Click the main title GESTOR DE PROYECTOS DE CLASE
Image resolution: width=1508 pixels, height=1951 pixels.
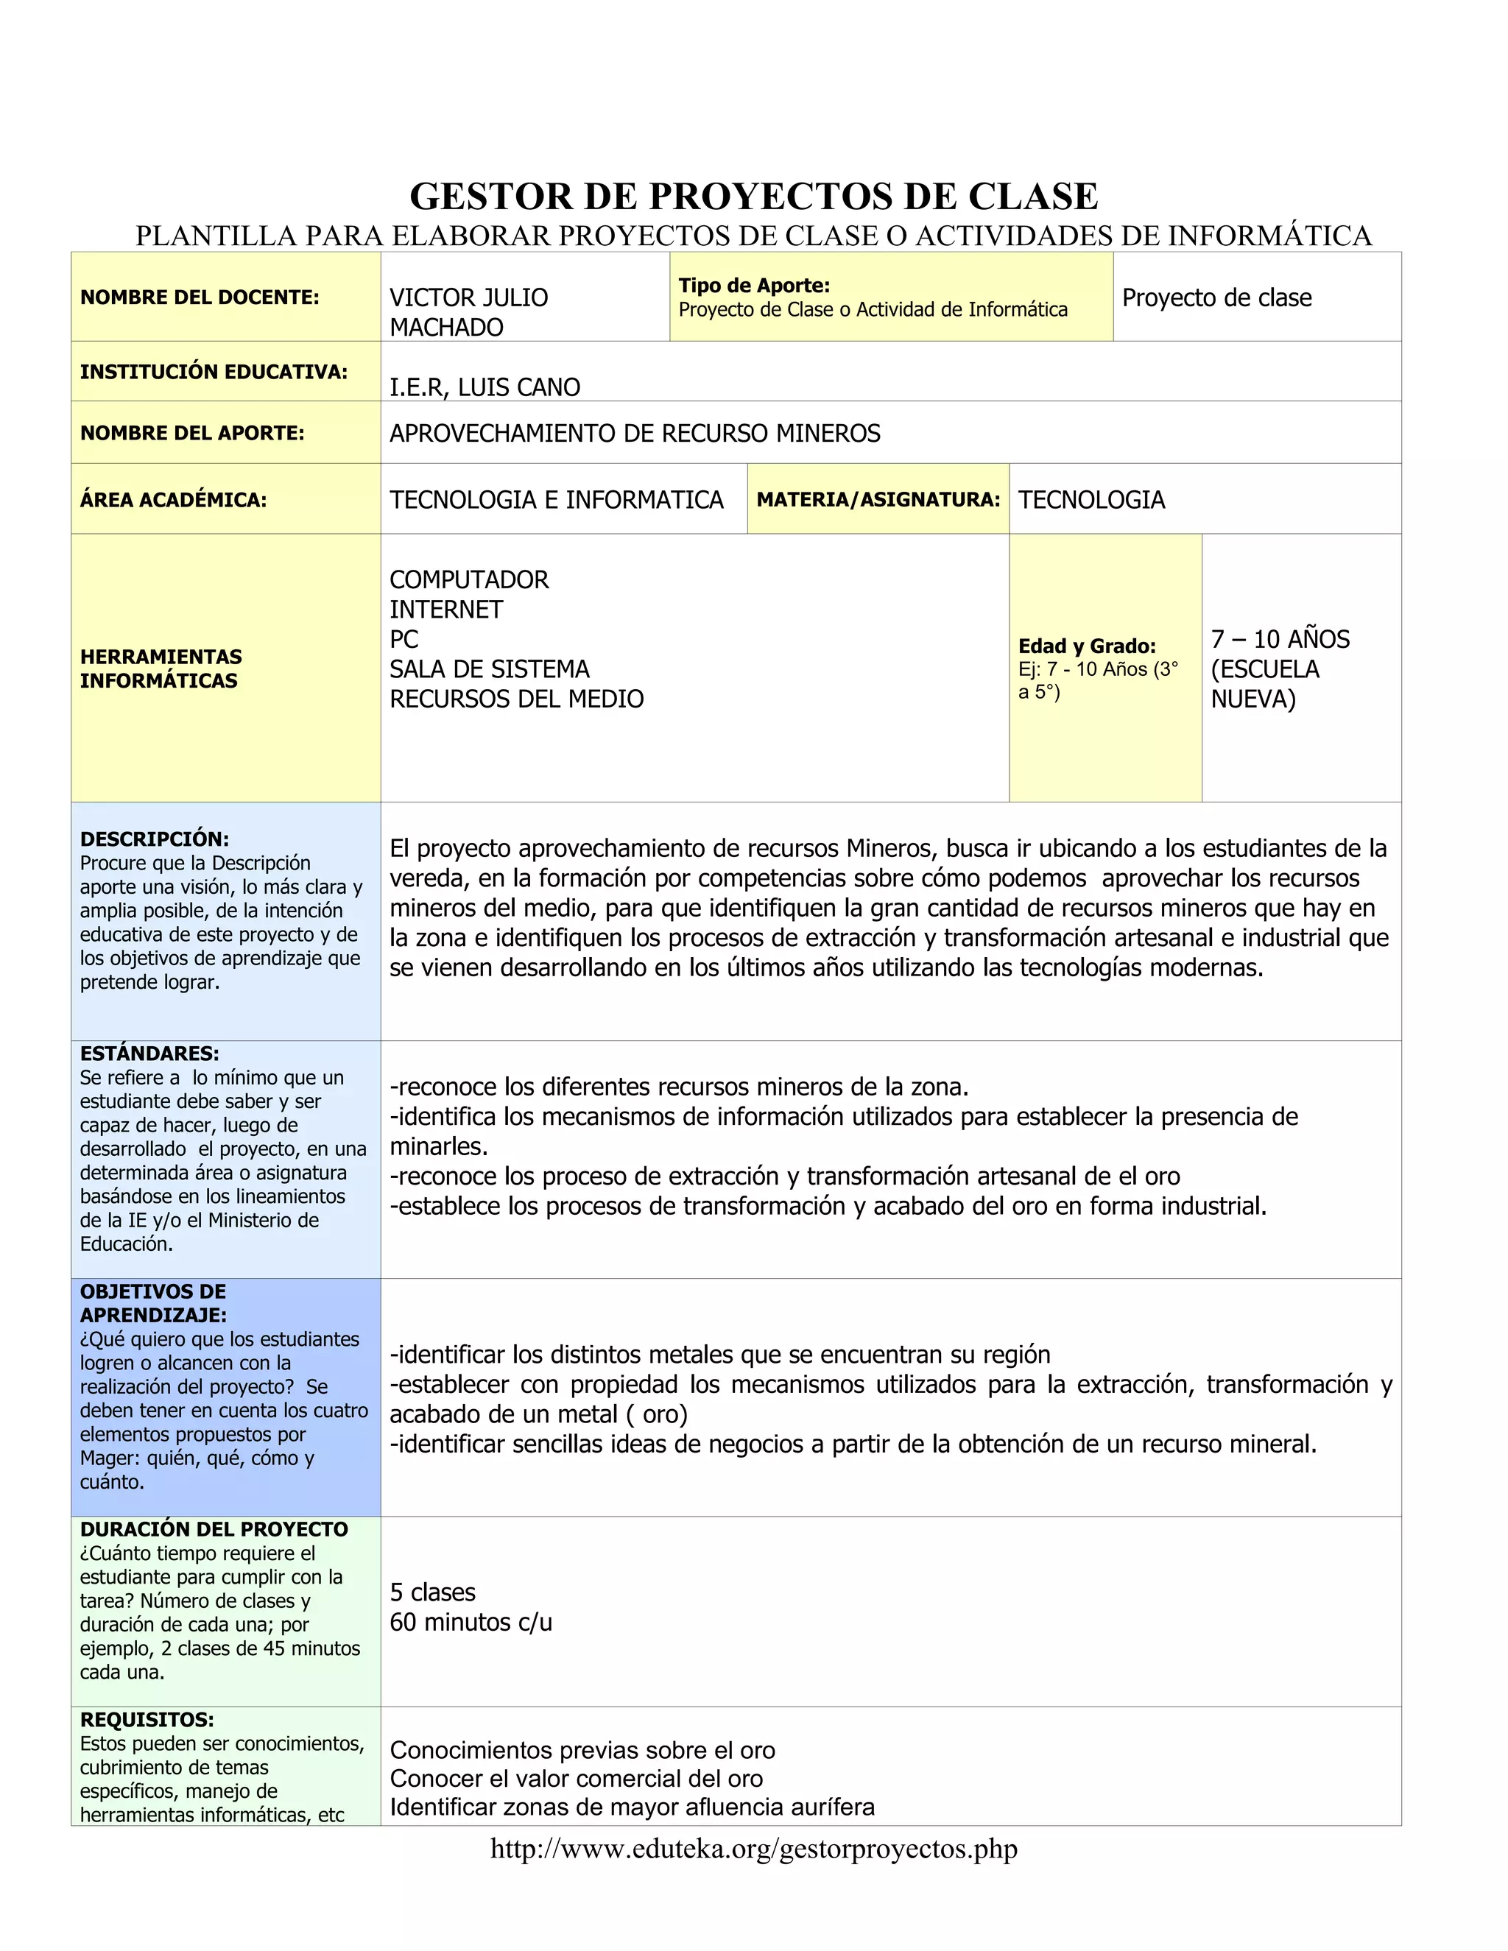coord(753,197)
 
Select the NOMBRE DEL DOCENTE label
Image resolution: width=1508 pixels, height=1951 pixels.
coord(200,297)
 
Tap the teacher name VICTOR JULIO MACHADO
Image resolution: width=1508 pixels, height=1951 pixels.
coord(468,311)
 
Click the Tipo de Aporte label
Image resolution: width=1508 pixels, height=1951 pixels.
coord(754,286)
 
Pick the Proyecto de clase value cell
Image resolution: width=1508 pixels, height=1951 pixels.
coord(1216,297)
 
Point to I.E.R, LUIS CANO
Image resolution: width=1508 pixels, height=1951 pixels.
coord(485,387)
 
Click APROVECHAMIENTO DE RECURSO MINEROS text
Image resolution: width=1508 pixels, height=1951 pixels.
coord(634,433)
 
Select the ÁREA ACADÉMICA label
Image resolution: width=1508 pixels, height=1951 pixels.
coord(173,499)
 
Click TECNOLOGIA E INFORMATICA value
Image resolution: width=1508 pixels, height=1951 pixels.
coord(556,499)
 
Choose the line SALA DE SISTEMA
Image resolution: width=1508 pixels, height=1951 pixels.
coord(489,669)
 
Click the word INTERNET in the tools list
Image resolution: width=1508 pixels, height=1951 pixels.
coord(445,610)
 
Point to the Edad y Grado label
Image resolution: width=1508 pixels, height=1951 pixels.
coord(1086,646)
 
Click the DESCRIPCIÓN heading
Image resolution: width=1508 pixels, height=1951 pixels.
coord(155,839)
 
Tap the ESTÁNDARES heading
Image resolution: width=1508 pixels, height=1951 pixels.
coord(149,1054)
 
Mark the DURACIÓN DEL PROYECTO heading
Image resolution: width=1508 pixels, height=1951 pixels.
coord(214,1529)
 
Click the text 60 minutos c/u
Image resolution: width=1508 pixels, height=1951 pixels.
coord(471,1622)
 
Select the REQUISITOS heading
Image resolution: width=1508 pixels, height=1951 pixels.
coord(147,1720)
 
